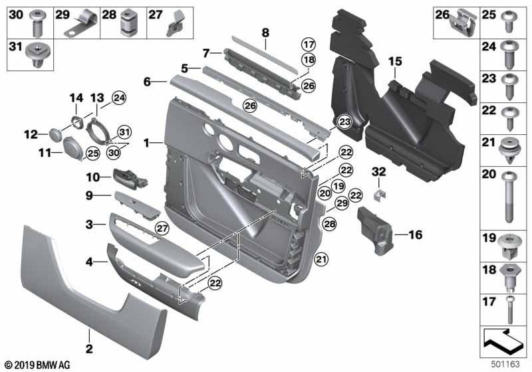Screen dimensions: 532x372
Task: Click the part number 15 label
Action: click(x=395, y=62)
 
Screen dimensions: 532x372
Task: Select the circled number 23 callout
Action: click(x=344, y=122)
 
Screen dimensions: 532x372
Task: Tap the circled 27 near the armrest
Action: click(x=162, y=228)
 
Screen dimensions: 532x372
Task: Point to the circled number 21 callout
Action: click(x=321, y=260)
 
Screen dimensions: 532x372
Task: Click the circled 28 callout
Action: click(x=329, y=224)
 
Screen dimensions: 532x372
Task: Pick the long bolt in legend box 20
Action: click(x=509, y=197)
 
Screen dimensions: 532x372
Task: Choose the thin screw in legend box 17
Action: click(x=509, y=310)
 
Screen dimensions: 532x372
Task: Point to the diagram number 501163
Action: click(x=505, y=364)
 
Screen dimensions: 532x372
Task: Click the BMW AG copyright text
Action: click(x=38, y=365)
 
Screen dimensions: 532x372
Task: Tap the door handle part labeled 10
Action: click(x=130, y=177)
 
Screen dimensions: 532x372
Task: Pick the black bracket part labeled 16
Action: click(x=375, y=231)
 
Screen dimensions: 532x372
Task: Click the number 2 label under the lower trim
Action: click(x=89, y=348)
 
